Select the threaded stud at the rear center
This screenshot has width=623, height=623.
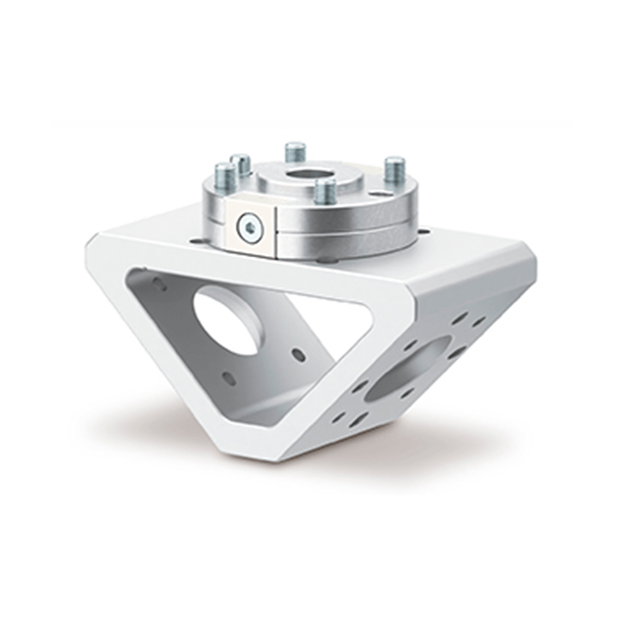click(x=295, y=152)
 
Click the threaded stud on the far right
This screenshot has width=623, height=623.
click(x=394, y=170)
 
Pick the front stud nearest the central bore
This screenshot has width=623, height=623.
click(x=325, y=191)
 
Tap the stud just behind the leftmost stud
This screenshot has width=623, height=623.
click(x=240, y=164)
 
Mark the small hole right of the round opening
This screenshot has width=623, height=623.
click(x=298, y=355)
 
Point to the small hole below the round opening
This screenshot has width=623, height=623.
click(x=229, y=379)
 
